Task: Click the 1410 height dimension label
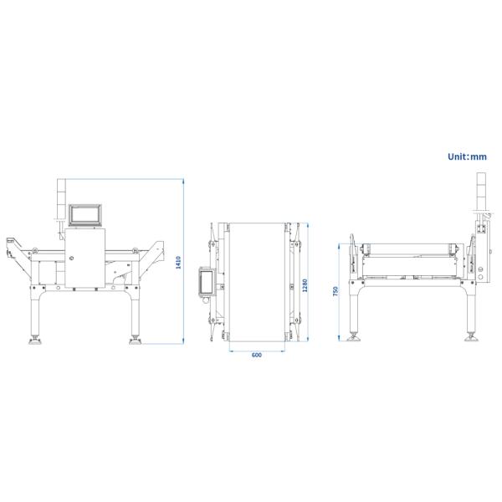[x=177, y=263]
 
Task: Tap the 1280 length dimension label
[x=305, y=284]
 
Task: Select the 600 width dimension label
[x=257, y=355]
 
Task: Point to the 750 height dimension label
[x=335, y=291]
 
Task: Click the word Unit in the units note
[x=457, y=156]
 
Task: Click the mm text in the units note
[x=479, y=156]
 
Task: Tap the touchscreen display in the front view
[x=85, y=215]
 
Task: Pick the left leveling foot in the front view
[x=36, y=340]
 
